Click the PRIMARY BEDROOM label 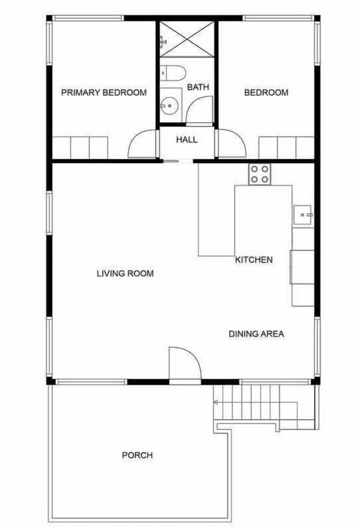104,92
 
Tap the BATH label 198,87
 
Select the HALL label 187,140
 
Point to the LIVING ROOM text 125,273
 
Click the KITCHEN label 254,260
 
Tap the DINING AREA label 256,333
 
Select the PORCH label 137,455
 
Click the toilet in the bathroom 173,73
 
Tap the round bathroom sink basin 170,106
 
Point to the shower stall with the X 187,39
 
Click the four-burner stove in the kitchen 259,174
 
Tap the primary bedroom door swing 142,144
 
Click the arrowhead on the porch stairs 216,402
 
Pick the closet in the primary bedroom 80,147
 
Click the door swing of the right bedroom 231,144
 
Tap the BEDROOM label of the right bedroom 266,92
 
